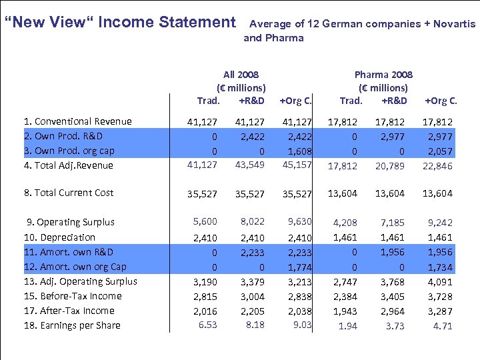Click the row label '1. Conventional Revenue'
click(x=77, y=121)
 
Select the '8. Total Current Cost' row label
click(x=69, y=193)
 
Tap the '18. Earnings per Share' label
click(x=72, y=325)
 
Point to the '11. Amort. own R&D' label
click(x=68, y=252)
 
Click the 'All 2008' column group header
click(x=241, y=75)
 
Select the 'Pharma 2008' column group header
click(x=383, y=75)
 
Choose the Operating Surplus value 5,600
click(x=205, y=222)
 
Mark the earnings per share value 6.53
click(x=207, y=325)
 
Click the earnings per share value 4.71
click(x=442, y=326)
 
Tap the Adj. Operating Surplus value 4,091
click(x=439, y=282)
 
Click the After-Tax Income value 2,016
click(x=205, y=311)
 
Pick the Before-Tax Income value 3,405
click(x=393, y=297)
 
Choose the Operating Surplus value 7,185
click(x=393, y=223)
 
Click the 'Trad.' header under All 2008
click(x=208, y=101)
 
